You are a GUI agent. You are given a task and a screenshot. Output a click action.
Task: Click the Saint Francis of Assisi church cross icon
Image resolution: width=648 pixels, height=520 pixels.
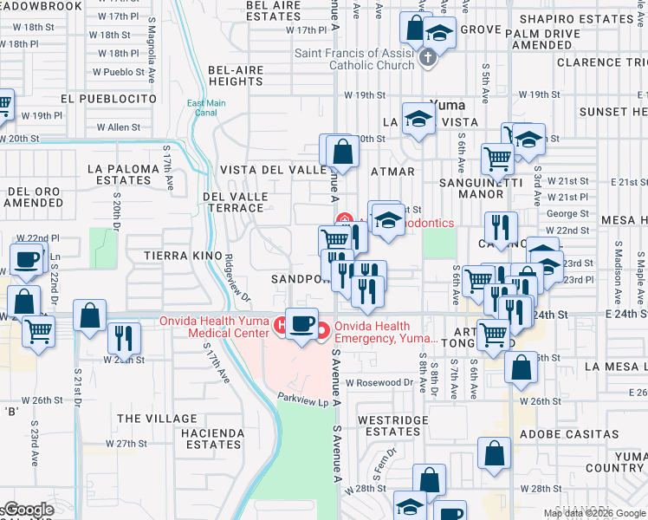coord(426,59)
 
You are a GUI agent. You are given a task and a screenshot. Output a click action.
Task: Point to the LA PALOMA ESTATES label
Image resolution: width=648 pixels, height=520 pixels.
coord(120,173)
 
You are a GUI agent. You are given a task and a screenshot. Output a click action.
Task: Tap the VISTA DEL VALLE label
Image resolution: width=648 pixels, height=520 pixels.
coord(271,171)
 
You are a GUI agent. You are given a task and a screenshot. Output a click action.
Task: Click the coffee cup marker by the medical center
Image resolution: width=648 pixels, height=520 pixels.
coord(301,324)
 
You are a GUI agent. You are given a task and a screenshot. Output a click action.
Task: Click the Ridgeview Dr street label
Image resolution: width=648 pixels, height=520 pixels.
coord(237,283)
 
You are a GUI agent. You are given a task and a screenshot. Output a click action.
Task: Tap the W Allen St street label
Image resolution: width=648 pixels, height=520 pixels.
coord(118,127)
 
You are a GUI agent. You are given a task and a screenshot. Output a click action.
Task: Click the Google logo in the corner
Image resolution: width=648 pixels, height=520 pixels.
coord(28,510)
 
